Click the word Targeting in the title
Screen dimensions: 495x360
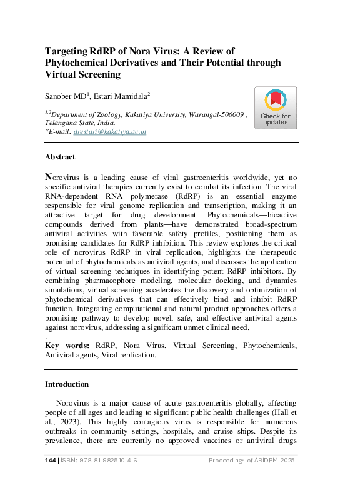coord(69,51)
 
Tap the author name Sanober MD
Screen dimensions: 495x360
coord(67,96)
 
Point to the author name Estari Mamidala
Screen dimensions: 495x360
coord(129,96)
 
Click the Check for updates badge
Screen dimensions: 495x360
coord(275,107)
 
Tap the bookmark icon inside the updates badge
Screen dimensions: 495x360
coord(275,99)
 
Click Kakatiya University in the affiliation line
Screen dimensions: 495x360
coord(154,114)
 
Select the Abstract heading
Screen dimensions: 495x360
coord(60,157)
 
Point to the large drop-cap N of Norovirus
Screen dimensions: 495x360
coord(49,176)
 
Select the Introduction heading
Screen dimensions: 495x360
coord(67,384)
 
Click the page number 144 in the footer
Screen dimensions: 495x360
coord(51,461)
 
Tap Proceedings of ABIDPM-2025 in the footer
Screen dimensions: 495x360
coord(251,461)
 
